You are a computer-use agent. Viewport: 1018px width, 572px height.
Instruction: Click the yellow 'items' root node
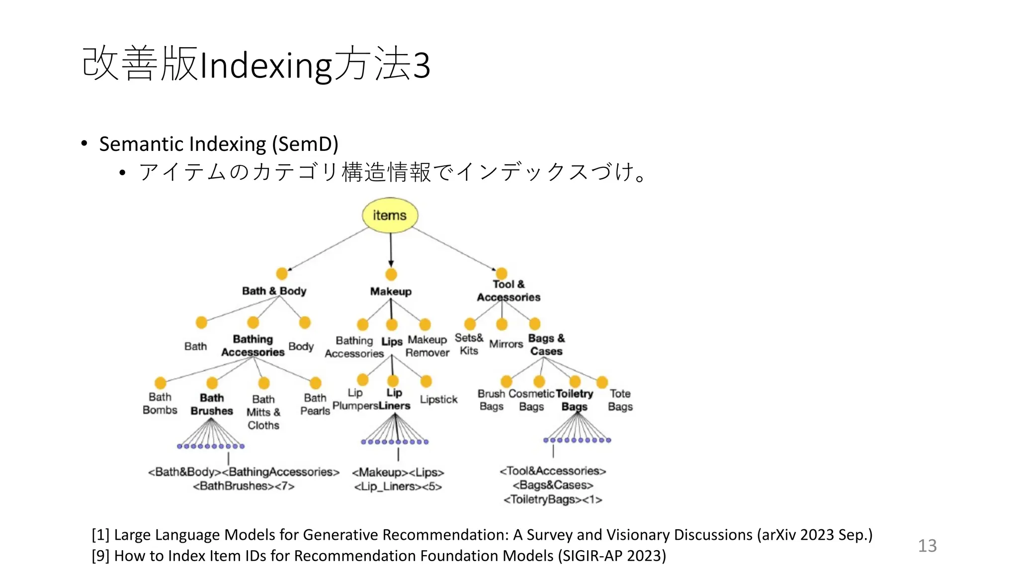[x=390, y=215]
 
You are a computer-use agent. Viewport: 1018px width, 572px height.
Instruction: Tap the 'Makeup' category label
[x=391, y=291]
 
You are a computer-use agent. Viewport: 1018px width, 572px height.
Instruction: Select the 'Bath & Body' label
[x=274, y=291]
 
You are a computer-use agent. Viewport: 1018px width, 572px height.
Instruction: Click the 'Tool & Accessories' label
[x=509, y=291]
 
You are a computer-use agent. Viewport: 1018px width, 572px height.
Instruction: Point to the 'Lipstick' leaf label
[x=438, y=399]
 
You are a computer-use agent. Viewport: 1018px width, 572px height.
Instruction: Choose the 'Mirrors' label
[x=506, y=344]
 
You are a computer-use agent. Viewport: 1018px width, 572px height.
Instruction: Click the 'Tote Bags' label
[x=620, y=400]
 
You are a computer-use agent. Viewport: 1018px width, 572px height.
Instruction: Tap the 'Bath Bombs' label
[x=160, y=404]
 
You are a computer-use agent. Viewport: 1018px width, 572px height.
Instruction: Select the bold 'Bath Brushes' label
[x=212, y=405]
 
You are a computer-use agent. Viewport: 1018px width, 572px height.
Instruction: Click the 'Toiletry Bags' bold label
[x=574, y=400]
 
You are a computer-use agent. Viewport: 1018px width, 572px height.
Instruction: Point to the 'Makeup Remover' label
[x=427, y=346]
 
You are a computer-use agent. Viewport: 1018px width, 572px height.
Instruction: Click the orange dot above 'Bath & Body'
[x=282, y=274]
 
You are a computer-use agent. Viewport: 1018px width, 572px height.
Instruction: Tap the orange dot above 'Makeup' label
[x=391, y=275]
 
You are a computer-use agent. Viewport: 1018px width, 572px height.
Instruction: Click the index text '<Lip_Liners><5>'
[x=398, y=487]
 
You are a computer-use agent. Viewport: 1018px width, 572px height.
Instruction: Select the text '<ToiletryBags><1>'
[x=553, y=500]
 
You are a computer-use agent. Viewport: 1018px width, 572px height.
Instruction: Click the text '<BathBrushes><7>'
[x=244, y=486]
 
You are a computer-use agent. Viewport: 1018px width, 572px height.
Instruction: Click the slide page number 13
[x=927, y=546]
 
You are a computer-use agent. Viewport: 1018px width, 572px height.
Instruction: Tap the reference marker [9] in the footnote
[x=100, y=556]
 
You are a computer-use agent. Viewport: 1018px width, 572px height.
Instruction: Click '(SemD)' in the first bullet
[x=305, y=144]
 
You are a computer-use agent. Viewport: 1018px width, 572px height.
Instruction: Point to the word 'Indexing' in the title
[x=265, y=66]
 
